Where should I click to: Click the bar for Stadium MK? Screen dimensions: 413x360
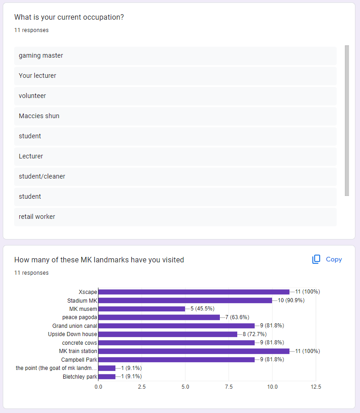click(185, 300)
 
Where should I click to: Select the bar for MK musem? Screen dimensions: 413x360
click(142, 309)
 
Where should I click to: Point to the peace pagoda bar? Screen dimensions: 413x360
click(159, 317)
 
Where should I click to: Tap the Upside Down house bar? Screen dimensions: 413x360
click(168, 334)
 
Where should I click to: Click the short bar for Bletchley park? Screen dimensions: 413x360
click(107, 376)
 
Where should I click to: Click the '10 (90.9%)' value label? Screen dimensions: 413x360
click(291, 300)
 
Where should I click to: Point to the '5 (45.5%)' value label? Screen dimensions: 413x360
click(202, 309)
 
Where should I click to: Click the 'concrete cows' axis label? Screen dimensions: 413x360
click(80, 342)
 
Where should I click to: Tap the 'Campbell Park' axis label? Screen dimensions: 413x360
click(79, 359)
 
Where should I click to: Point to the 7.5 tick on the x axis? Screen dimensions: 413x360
click(229, 387)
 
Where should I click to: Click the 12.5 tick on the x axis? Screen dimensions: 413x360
click(316, 387)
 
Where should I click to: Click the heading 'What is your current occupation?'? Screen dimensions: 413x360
click(69, 17)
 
